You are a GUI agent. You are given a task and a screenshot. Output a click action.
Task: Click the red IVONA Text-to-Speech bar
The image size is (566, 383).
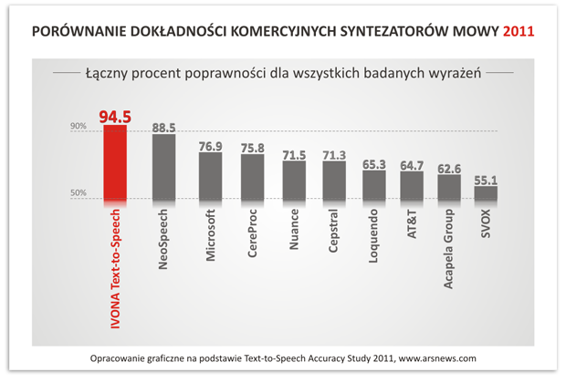[x=115, y=162]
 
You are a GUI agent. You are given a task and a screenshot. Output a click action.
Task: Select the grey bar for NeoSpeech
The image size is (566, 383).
[x=163, y=166]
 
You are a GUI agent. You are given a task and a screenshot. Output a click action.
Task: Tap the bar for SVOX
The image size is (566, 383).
[x=486, y=192]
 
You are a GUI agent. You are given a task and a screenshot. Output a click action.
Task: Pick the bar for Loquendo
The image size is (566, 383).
[x=374, y=184]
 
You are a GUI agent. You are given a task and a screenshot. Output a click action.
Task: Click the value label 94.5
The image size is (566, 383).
[x=115, y=116]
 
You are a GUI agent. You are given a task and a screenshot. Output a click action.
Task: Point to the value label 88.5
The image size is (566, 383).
[x=163, y=127]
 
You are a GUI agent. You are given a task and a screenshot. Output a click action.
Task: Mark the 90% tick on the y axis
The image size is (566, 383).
[x=79, y=128]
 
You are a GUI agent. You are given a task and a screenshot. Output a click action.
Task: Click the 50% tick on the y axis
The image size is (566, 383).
[x=79, y=193]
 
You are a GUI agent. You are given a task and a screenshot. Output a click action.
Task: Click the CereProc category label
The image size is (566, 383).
[x=252, y=238]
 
